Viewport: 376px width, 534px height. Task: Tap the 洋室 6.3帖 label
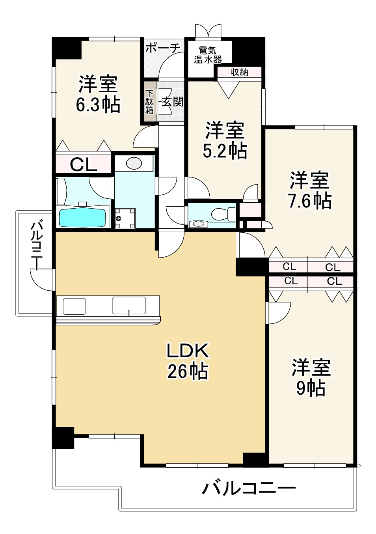98,94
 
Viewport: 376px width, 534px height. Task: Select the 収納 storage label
239,72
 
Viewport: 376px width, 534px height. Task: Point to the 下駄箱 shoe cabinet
150,102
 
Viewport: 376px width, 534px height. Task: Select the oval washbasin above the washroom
134,163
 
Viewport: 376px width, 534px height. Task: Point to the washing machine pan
125,218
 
